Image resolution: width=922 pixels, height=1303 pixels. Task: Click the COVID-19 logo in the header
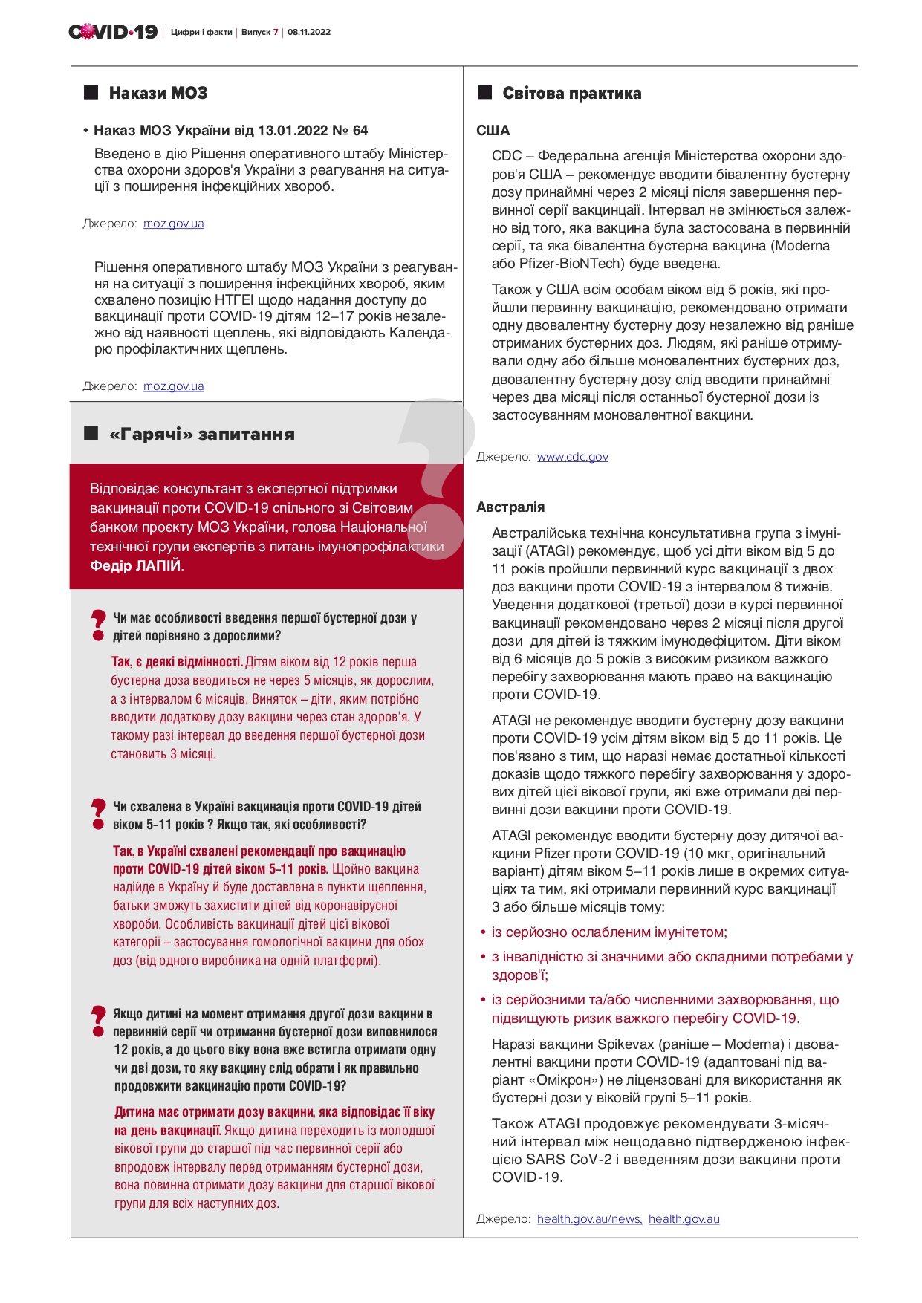113,32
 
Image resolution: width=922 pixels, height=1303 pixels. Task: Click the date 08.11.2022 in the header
309,33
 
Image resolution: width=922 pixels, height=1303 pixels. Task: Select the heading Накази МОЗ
158,93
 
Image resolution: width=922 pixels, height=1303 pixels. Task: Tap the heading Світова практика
571,94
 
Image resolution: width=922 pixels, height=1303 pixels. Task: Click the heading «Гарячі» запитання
201,435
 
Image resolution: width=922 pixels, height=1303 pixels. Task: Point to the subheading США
493,131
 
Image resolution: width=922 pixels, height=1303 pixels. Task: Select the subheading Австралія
510,507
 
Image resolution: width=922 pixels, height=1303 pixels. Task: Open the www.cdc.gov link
572,457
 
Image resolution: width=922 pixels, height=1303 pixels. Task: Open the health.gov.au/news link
589,1219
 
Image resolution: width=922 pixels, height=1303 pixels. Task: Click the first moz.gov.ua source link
173,224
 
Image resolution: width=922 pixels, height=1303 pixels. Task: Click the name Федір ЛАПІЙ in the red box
135,566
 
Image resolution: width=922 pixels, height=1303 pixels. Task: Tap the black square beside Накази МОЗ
91,93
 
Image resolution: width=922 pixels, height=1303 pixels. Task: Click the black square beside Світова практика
485,93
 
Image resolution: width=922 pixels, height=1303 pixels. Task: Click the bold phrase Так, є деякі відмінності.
177,662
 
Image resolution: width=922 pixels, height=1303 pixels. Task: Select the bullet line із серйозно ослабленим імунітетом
609,932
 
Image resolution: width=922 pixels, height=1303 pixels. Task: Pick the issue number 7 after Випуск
276,33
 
